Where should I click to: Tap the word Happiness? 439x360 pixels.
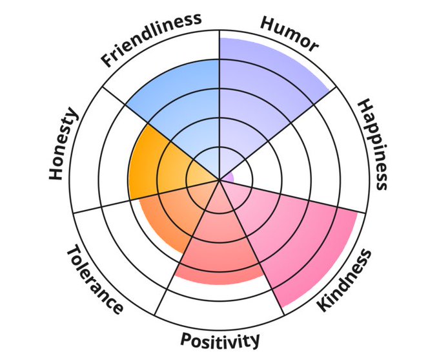tap(374, 144)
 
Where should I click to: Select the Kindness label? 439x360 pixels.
tap(346, 280)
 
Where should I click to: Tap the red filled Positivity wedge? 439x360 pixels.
tap(219, 246)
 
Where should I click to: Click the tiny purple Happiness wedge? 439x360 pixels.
tap(228, 177)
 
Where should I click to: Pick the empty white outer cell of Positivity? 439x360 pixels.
tap(219, 304)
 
